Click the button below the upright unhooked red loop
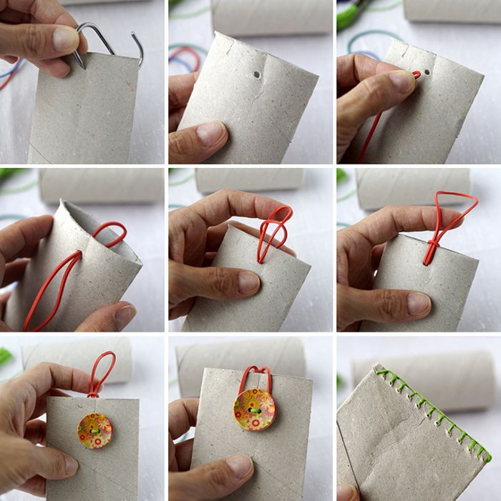(x=94, y=430)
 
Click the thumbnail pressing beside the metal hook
(x=66, y=40)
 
